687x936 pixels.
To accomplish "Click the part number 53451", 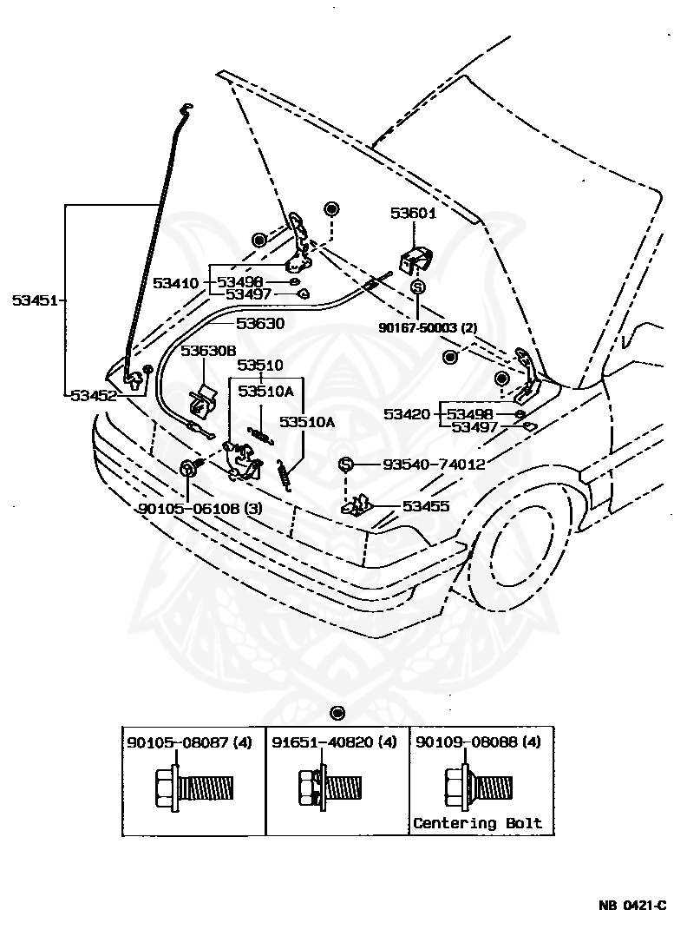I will click(x=34, y=300).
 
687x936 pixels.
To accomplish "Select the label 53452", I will click(x=93, y=395).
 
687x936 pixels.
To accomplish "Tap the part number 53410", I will click(x=176, y=282).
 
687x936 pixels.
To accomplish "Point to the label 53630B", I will click(x=208, y=351).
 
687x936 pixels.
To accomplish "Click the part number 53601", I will click(x=413, y=213).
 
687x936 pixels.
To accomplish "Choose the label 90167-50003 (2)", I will click(x=428, y=327).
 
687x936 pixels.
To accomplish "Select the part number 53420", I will click(x=407, y=414).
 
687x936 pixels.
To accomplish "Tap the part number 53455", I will click(x=426, y=505).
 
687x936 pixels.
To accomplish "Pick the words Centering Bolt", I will click(x=477, y=822).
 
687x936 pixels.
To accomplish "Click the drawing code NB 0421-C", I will click(x=631, y=906).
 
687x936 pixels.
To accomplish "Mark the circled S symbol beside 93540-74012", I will click(x=344, y=465).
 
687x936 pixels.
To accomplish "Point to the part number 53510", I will click(x=260, y=365).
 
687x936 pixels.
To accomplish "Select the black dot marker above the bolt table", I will click(x=337, y=713).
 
